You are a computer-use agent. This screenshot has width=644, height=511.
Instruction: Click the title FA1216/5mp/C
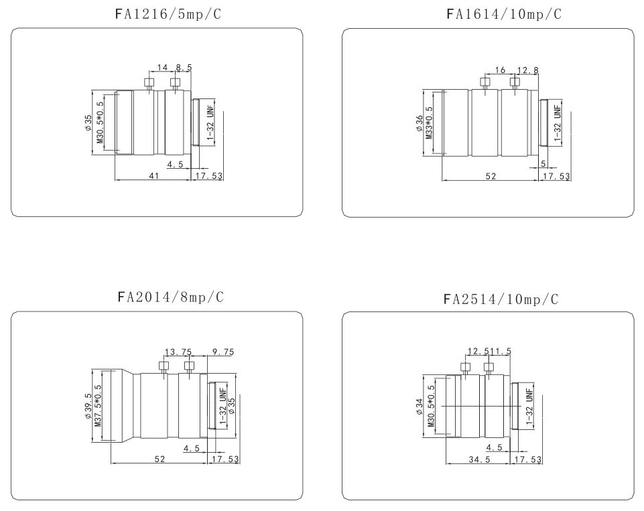click(x=168, y=14)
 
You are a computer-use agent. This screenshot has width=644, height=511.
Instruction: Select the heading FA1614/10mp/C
click(x=503, y=14)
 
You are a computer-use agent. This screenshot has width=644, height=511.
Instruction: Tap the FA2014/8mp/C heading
click(x=170, y=297)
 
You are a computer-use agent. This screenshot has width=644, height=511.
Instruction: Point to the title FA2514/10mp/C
click(x=501, y=299)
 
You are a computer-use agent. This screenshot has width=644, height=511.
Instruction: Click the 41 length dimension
click(x=153, y=175)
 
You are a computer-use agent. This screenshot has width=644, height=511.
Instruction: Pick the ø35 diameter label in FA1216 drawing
click(x=88, y=123)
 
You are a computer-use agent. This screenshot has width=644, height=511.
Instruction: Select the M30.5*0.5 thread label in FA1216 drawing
click(x=101, y=123)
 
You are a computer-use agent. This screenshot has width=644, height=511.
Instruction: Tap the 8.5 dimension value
click(x=184, y=67)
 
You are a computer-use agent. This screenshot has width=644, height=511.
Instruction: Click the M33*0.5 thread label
click(x=429, y=123)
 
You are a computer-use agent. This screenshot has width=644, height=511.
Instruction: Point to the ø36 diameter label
click(x=419, y=123)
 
